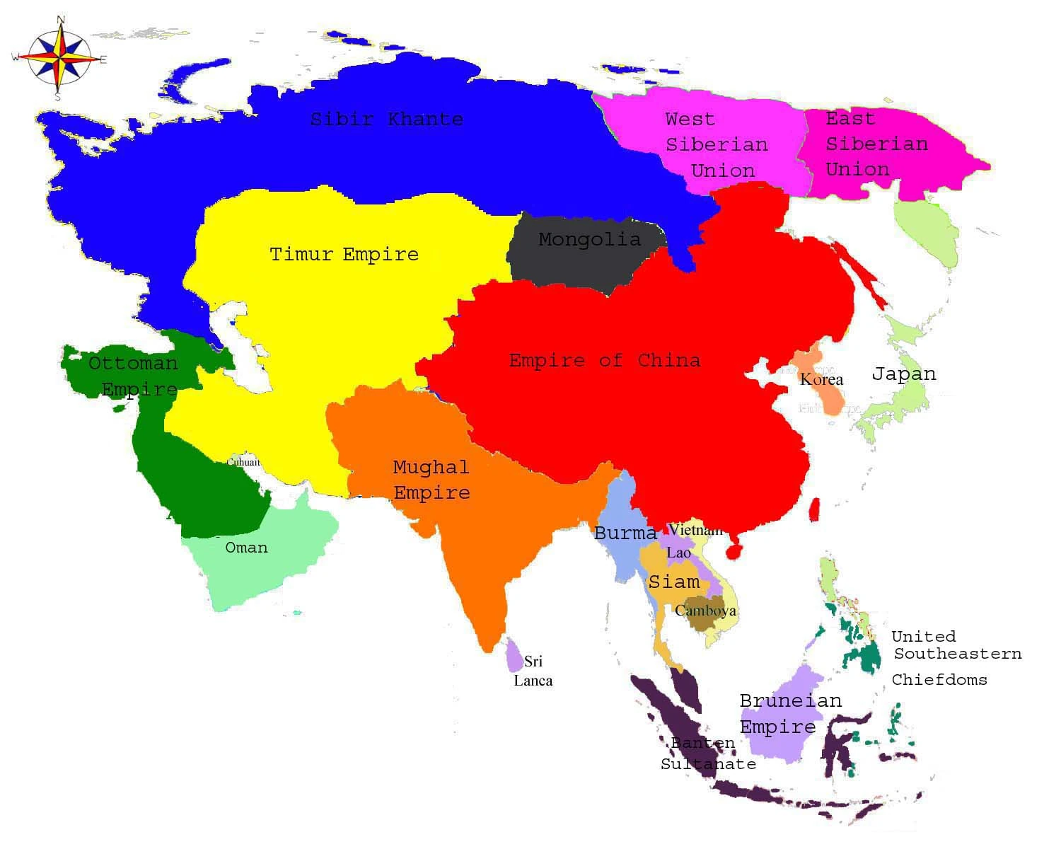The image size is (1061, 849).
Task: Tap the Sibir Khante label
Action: click(x=386, y=119)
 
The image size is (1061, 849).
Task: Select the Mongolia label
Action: click(x=589, y=240)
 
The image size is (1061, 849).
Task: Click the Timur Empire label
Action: click(x=344, y=254)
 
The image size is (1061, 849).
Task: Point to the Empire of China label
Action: click(x=605, y=360)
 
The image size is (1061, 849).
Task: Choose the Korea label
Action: click(x=821, y=379)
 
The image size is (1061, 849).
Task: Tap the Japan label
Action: click(x=903, y=374)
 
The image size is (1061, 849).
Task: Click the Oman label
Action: click(x=246, y=547)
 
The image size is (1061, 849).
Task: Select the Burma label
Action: click(x=625, y=533)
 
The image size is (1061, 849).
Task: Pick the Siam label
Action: click(x=673, y=582)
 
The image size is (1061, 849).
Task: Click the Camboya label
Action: click(x=705, y=610)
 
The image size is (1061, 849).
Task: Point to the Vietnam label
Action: click(x=696, y=529)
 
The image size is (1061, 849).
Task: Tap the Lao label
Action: click(x=678, y=553)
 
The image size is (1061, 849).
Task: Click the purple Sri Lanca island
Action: click(x=514, y=655)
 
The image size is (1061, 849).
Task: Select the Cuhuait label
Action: click(x=243, y=462)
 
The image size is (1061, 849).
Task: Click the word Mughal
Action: click(x=431, y=467)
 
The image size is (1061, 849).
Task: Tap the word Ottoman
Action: click(x=133, y=363)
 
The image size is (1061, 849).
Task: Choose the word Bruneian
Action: click(x=790, y=700)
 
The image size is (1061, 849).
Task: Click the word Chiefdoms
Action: click(x=939, y=679)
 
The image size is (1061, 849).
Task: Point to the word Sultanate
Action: click(x=708, y=764)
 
